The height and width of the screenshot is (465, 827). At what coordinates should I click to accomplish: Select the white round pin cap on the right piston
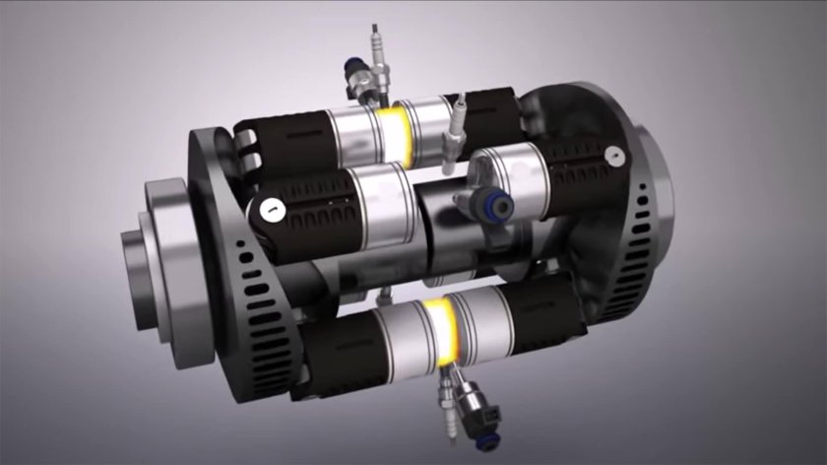613,155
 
